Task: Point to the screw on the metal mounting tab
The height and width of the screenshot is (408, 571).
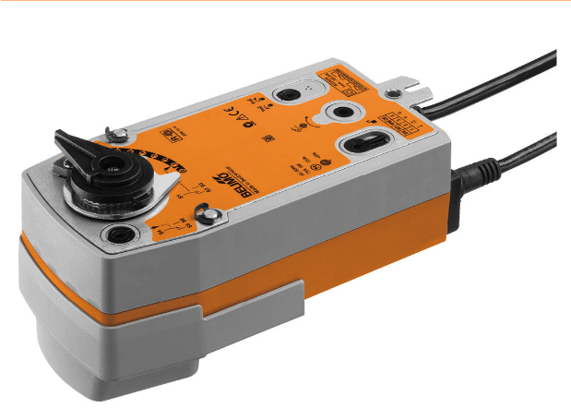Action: click(395, 92)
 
